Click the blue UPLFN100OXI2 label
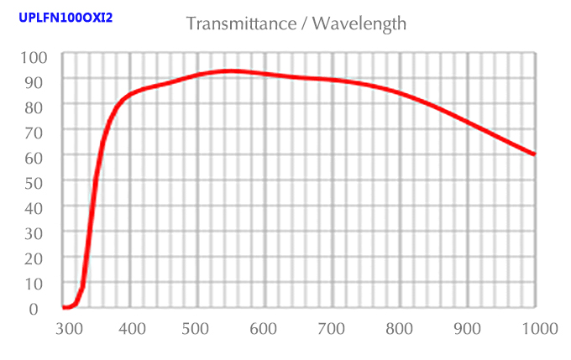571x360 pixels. [x=65, y=16]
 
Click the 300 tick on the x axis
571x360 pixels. [x=67, y=328]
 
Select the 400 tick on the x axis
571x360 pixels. [x=133, y=328]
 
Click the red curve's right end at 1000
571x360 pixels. [x=533, y=154]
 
